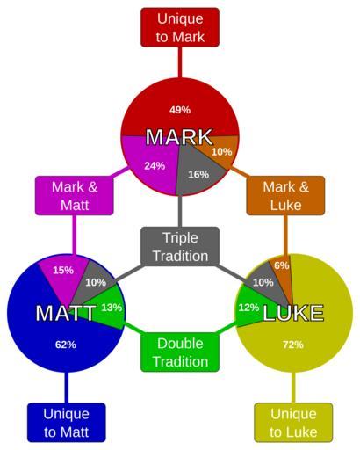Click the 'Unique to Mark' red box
point(180,27)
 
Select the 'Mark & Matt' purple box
point(75,195)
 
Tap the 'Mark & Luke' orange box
point(285,195)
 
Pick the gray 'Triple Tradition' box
point(180,246)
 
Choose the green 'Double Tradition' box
point(180,352)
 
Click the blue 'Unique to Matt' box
point(67,423)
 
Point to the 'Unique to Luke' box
point(293,423)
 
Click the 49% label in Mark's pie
point(180,110)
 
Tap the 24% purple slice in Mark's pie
point(151,164)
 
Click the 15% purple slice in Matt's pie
point(64,272)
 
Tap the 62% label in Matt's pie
point(66,345)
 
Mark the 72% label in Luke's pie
point(293,345)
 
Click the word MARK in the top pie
point(179,137)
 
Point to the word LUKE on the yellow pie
point(293,313)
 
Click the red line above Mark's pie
point(180,62)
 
